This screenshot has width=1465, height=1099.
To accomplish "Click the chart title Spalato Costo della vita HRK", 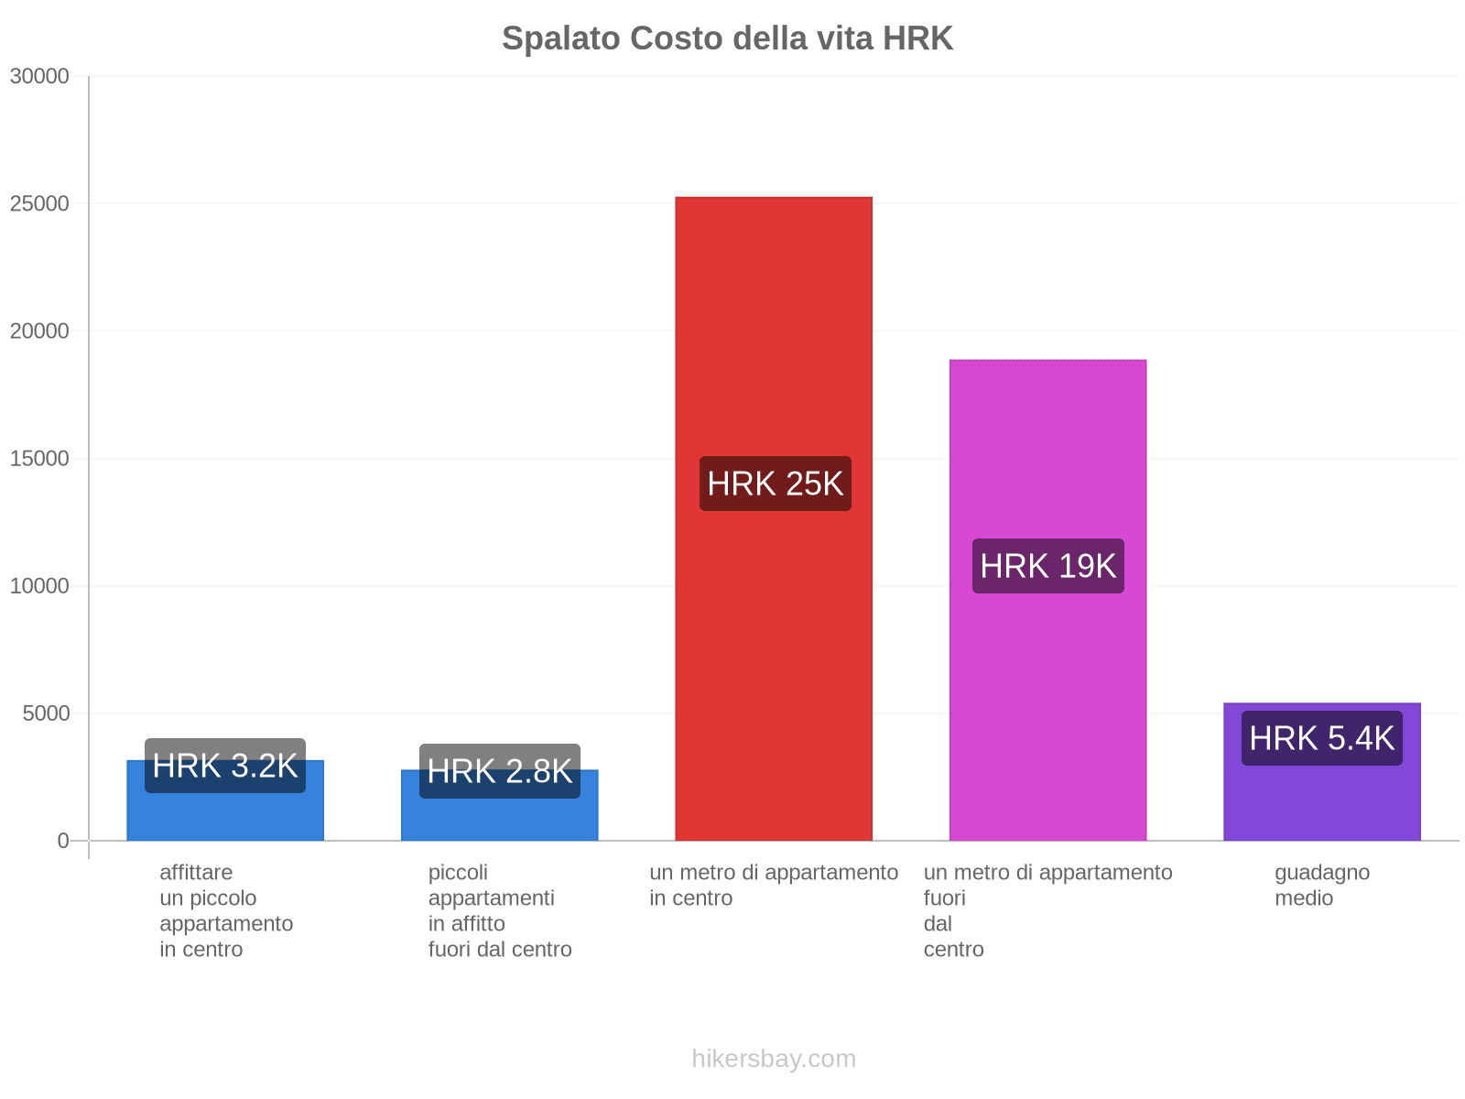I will (727, 38).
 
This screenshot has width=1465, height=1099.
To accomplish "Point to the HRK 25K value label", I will (775, 484).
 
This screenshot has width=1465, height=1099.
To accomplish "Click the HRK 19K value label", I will (1047, 566).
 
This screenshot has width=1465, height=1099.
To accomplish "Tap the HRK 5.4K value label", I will (1321, 738).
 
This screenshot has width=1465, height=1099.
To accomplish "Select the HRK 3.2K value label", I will (225, 766).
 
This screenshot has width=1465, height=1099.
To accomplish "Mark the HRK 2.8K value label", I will (499, 771).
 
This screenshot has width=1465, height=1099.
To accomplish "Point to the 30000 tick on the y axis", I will (40, 76).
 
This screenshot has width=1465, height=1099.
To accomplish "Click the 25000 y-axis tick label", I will (40, 203).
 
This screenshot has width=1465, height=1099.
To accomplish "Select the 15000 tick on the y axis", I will (40, 459).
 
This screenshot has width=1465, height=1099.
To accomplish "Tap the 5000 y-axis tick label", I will (47, 713).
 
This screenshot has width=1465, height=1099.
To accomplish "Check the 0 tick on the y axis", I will (63, 841).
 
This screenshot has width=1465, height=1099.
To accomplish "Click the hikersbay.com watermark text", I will (774, 1059).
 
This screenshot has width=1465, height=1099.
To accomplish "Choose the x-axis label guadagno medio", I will (1321, 885).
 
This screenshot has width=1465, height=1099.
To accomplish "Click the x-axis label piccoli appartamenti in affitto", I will (499, 910).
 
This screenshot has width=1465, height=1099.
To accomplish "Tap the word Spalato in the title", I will (561, 38).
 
